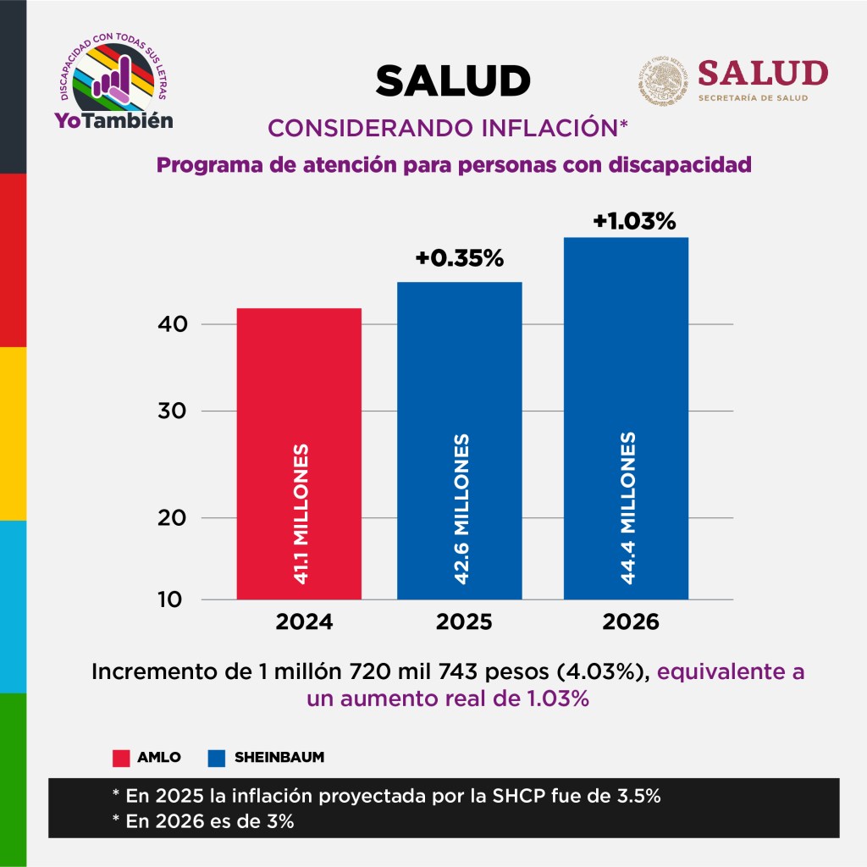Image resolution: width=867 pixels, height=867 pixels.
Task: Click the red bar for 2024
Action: point(299,381)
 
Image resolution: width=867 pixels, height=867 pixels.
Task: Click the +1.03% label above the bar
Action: point(634,222)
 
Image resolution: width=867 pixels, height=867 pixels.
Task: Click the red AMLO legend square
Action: point(120,757)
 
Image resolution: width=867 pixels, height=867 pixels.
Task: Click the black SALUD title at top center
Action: point(453,81)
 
